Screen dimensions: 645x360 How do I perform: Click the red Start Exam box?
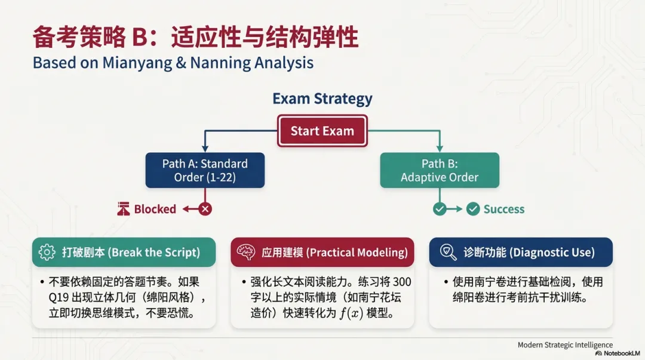point(322,131)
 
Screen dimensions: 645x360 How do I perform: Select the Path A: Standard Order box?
point(205,170)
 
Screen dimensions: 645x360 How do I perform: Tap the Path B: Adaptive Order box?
point(440,170)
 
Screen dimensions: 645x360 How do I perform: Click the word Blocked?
point(155,209)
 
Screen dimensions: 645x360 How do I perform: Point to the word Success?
point(503,209)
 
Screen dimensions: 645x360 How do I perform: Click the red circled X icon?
point(205,209)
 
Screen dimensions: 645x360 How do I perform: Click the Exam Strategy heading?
point(322,99)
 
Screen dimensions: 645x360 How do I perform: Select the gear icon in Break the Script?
point(47,253)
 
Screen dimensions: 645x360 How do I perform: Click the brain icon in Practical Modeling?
point(246,253)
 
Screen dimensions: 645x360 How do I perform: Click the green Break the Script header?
point(124,253)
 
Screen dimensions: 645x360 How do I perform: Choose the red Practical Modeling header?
point(322,253)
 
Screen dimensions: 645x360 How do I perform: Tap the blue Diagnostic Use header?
point(521,253)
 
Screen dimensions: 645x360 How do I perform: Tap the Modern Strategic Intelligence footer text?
point(565,344)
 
